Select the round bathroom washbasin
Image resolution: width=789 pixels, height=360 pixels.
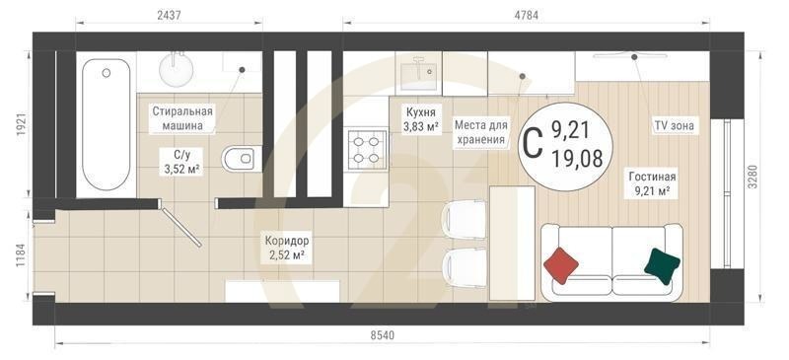pyautogui.click(x=178, y=69)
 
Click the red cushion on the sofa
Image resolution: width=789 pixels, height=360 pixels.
pyautogui.click(x=561, y=263)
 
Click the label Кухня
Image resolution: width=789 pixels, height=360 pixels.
pyautogui.click(x=421, y=112)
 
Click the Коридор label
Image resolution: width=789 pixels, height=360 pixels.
pyautogui.click(x=286, y=241)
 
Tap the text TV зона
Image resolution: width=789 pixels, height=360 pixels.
pyautogui.click(x=674, y=126)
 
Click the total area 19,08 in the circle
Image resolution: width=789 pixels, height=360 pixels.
pyautogui.click(x=577, y=159)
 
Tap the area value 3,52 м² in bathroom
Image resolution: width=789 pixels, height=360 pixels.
pyautogui.click(x=181, y=169)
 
